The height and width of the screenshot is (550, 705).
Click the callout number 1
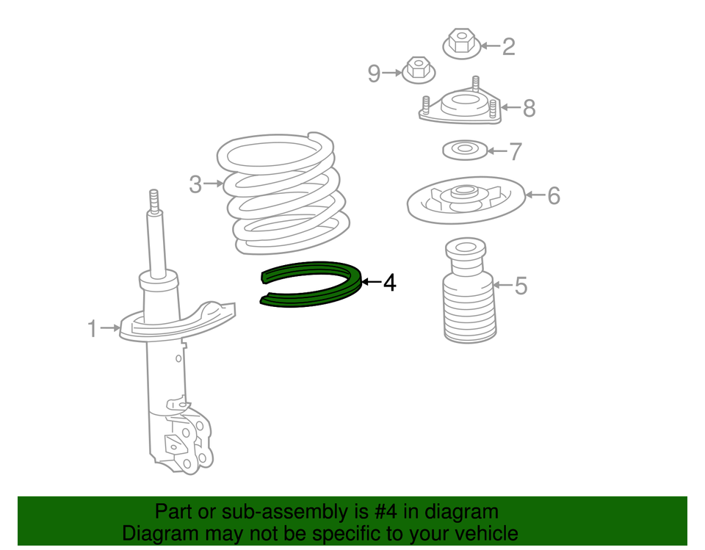click(x=92, y=328)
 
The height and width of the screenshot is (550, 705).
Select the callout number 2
click(x=508, y=46)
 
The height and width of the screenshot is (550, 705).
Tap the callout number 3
click(x=195, y=184)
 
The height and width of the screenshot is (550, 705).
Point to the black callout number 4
click(x=389, y=282)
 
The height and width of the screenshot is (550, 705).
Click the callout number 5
click(x=520, y=285)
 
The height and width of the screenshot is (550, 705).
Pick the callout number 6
click(x=552, y=195)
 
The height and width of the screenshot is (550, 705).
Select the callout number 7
click(x=515, y=151)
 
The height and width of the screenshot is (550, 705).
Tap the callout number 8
click(x=528, y=109)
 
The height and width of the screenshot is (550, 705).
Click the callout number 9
click(x=374, y=73)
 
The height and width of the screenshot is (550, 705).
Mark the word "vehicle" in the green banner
click(x=480, y=534)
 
